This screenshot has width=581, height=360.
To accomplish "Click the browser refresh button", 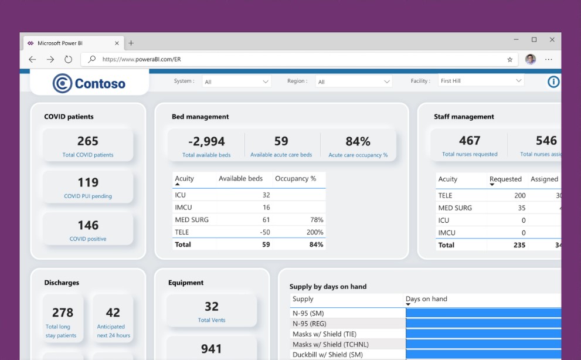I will click(x=68, y=59).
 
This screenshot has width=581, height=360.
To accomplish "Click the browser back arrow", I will click(x=32, y=59).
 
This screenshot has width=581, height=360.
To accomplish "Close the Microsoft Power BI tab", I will click(x=117, y=43).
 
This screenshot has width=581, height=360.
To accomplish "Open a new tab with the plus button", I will click(x=131, y=43).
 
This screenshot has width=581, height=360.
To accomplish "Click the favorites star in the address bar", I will click(x=509, y=59).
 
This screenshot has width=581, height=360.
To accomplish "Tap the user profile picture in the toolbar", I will click(x=530, y=59).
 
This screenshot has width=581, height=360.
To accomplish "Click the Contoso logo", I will click(x=89, y=83).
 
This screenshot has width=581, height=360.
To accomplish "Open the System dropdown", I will click(x=236, y=81).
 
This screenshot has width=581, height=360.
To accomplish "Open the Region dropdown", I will click(x=354, y=81).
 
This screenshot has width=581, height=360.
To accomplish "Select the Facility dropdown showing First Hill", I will click(x=481, y=81).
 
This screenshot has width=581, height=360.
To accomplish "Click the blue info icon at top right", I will click(x=553, y=81).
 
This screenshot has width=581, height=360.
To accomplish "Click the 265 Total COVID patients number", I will click(x=88, y=141).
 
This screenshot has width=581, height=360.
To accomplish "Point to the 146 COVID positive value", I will click(x=88, y=225).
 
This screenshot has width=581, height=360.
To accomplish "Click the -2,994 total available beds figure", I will click(x=206, y=141).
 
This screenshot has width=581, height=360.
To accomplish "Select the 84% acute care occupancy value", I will click(x=358, y=141).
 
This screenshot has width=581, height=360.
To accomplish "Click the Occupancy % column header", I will click(x=295, y=178).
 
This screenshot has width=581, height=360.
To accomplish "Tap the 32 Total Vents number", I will click(x=212, y=307).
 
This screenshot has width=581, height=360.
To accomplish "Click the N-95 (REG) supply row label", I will click(x=310, y=324).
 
